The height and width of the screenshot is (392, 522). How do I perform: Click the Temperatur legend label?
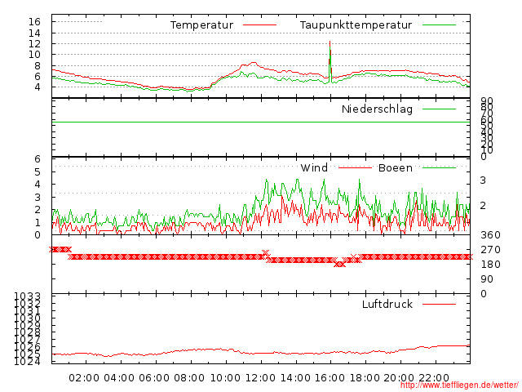[x=201, y=25]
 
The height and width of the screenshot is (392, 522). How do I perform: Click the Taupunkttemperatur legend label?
[x=354, y=25]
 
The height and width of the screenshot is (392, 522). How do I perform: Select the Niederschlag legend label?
[x=377, y=109]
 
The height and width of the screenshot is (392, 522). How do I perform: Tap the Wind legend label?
[x=314, y=168]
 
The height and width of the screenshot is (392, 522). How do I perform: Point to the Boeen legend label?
[x=395, y=168]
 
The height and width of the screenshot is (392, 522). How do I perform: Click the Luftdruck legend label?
[x=387, y=304]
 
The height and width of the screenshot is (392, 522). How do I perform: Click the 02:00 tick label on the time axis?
[x=84, y=377]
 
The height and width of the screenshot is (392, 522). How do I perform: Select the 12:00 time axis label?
[x=260, y=377]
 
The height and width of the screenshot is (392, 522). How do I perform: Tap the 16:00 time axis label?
[x=330, y=377]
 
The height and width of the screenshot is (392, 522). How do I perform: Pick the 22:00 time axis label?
[x=436, y=377]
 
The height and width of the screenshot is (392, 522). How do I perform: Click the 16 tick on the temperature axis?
[x=34, y=21]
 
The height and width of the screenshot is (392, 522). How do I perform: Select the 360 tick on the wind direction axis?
[x=490, y=235]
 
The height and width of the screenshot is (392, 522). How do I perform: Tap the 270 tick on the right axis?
[x=490, y=250]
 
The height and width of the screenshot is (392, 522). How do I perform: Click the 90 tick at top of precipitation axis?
[x=485, y=100]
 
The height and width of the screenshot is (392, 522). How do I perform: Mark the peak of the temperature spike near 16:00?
[x=330, y=41]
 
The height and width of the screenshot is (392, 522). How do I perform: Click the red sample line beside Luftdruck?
[x=439, y=304]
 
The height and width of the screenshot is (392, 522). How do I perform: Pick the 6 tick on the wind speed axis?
[x=38, y=159]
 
